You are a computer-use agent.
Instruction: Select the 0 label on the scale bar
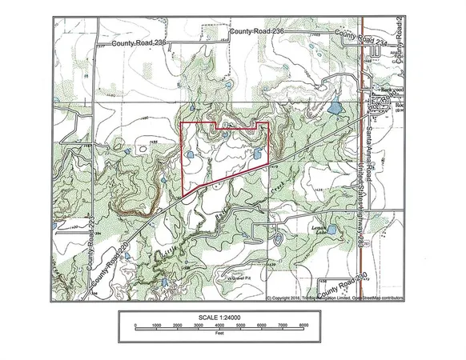coord(136,326)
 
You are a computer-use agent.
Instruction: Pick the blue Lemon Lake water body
coord(278,238)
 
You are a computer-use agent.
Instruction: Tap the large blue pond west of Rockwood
coord(333,106)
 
